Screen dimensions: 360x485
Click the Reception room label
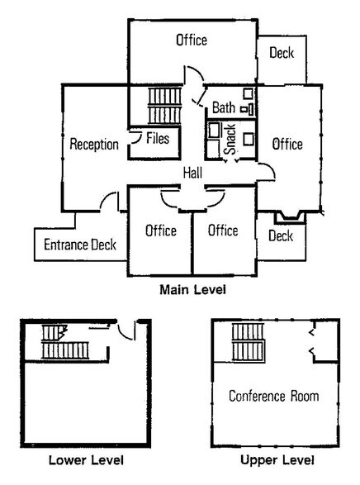coord(94,145)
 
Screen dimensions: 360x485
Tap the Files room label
coord(158,138)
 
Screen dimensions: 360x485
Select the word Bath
coord(224,107)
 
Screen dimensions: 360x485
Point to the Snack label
coord(230,139)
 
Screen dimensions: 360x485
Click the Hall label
coord(192,173)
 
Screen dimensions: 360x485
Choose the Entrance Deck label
coord(80,245)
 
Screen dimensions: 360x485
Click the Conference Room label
coord(274,396)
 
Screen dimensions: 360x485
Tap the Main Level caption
coord(193,290)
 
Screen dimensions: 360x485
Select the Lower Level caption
coord(86,460)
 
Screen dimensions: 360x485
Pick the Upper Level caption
coord(277,460)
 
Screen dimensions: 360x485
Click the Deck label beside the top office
coord(282,53)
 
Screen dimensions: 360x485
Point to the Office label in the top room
coord(192,40)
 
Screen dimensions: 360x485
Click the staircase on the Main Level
coord(164,106)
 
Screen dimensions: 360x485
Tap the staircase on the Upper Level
coord(249,342)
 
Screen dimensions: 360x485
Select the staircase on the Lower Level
coord(65,342)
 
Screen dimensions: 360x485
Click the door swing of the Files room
coord(135,138)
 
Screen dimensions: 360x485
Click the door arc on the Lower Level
coord(126,331)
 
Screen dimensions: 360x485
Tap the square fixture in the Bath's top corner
coord(248,93)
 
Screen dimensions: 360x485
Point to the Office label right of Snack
coord(287,145)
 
